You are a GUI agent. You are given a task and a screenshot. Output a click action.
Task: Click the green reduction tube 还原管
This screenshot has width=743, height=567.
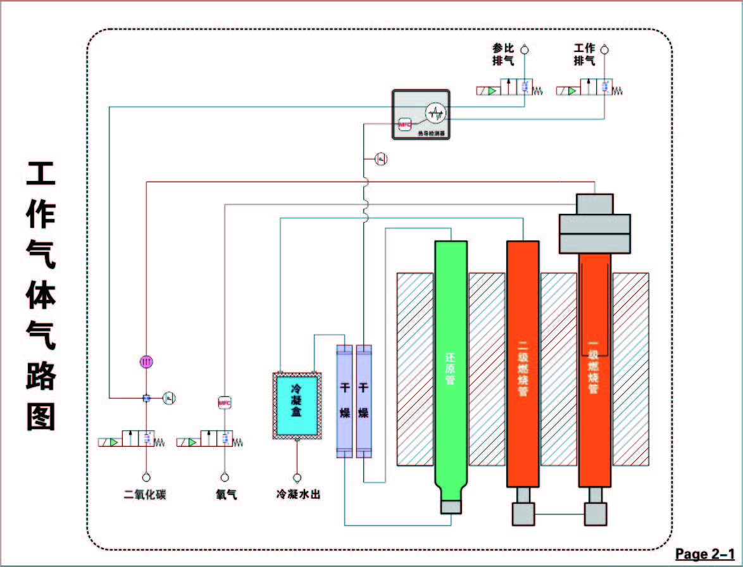[451, 367]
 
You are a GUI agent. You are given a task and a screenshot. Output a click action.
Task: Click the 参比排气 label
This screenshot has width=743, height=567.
[504, 55]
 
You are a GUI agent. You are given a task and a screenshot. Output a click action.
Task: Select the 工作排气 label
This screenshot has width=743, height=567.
[584, 55]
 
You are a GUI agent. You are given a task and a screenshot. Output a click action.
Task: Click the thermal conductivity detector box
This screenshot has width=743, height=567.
[421, 115]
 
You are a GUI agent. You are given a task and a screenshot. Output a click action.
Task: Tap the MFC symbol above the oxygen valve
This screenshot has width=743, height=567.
[225, 402]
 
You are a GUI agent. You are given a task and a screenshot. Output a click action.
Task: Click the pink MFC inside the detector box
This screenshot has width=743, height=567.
[405, 125]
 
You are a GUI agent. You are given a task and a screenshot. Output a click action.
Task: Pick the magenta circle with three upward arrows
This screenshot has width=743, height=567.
[146, 361]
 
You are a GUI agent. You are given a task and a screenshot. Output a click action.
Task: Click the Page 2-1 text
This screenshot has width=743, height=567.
[704, 554]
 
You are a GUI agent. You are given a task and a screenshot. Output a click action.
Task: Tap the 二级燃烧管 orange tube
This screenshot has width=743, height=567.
[523, 367]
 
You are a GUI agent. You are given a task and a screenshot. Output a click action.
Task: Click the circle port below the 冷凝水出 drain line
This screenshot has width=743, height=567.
[296, 477]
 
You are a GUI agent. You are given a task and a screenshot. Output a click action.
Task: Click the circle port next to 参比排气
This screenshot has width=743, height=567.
[524, 49]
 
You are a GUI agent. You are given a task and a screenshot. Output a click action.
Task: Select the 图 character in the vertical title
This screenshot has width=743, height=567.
[41, 416]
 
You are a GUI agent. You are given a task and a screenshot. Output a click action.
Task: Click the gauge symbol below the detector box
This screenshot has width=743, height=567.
[381, 158]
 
